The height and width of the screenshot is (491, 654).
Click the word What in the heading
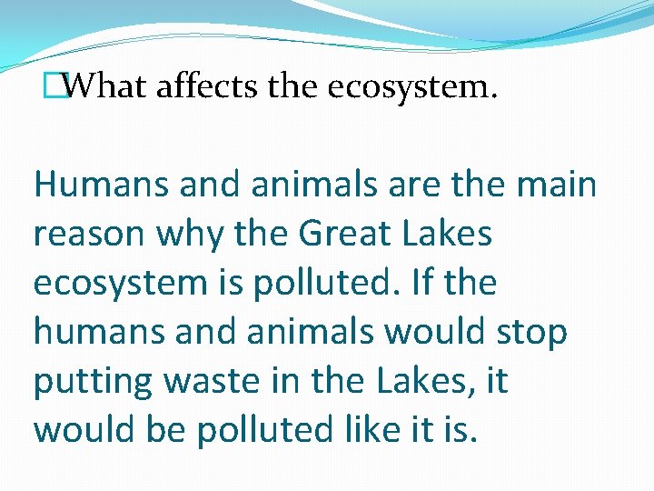[x=106, y=87]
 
